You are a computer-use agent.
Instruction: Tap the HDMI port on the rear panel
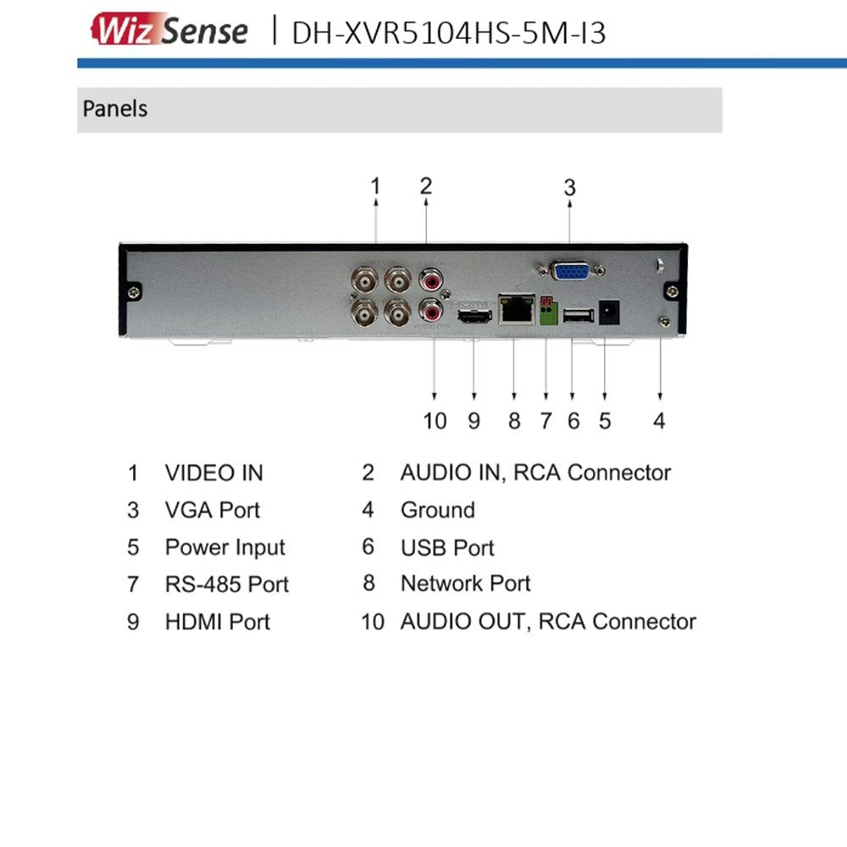tap(474, 317)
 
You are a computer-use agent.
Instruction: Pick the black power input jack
tap(606, 313)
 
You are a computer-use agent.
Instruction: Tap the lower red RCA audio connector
tap(433, 313)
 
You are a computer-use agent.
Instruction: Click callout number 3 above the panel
tap(570, 187)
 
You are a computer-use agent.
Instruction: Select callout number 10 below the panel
tap(435, 420)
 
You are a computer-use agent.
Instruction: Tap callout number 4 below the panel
tap(659, 420)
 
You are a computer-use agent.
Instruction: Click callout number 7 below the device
tap(545, 420)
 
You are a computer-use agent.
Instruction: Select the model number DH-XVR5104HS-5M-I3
tap(449, 32)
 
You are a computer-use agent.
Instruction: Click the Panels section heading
tap(115, 109)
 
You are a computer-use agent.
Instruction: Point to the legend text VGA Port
tap(212, 510)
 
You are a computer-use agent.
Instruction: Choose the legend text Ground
tap(437, 510)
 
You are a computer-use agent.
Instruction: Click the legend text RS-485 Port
tap(226, 584)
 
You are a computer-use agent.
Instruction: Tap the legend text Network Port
tap(465, 584)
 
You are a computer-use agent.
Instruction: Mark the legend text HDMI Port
tap(217, 622)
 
